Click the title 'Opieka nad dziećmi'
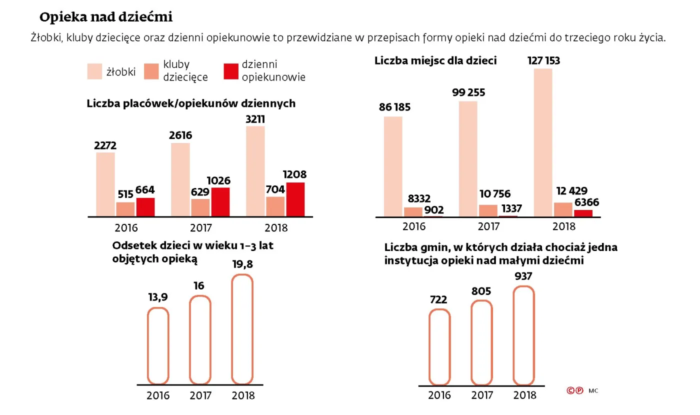[x=106, y=17]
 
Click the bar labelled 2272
[x=105, y=184]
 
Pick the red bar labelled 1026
[x=220, y=201]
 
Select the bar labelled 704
[x=275, y=206]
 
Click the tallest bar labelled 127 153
[x=543, y=142]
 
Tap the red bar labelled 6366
[x=583, y=213]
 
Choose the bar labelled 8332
[x=413, y=211]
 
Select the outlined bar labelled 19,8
[x=243, y=329]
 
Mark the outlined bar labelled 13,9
[x=158, y=345]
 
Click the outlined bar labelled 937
[x=524, y=335]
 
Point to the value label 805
[x=481, y=291]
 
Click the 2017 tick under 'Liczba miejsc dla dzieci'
[x=488, y=226]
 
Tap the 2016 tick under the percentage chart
[x=158, y=395]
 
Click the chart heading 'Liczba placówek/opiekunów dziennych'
[x=191, y=103]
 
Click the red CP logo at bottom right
[x=574, y=390]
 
